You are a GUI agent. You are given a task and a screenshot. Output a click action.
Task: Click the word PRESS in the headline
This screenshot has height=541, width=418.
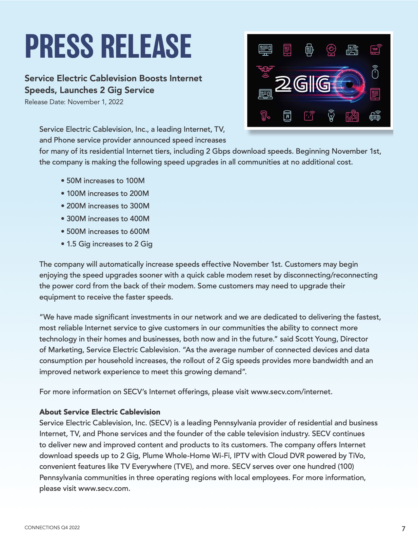pyautogui.click(x=59, y=46)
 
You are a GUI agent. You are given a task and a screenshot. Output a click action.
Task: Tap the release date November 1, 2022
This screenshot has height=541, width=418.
pyautogui.click(x=95, y=102)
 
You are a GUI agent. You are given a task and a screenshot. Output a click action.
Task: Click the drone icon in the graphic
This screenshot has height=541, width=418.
pyautogui.click(x=265, y=70)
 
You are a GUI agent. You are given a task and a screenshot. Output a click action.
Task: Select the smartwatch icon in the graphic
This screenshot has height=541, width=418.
pyautogui.click(x=309, y=50)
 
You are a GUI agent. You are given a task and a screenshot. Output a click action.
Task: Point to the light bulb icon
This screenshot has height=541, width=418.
pyautogui.click(x=331, y=116)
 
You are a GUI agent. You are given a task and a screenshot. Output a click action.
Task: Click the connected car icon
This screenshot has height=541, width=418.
pyautogui.click(x=375, y=116)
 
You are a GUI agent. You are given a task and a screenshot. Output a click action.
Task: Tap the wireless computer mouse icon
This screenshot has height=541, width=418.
pyautogui.click(x=375, y=72)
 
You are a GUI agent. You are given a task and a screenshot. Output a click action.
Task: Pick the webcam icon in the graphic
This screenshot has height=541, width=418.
pyautogui.click(x=331, y=50)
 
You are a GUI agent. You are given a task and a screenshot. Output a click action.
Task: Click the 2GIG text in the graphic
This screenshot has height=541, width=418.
pyautogui.click(x=302, y=84)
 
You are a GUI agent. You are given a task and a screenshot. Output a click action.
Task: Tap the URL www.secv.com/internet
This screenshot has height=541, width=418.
pyautogui.click(x=291, y=392)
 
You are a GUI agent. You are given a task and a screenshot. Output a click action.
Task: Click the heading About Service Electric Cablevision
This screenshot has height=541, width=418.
pyautogui.click(x=100, y=412)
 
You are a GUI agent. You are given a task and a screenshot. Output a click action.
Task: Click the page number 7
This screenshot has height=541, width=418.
pyautogui.click(x=404, y=529)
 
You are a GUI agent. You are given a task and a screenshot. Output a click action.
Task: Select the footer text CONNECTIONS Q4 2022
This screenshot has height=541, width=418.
pyautogui.click(x=52, y=528)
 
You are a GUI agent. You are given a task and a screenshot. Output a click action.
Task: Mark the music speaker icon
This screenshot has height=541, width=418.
pyautogui.click(x=287, y=116)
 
